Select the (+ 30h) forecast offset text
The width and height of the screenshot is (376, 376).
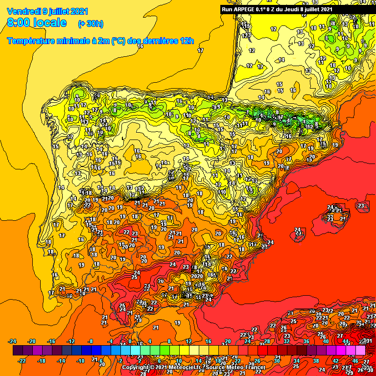(91, 23)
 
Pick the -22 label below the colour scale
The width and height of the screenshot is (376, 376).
(22, 361)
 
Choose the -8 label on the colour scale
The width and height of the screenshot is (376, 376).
(90, 341)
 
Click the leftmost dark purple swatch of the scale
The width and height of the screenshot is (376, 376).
(18, 351)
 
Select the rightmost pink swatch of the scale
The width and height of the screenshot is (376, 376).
(361, 351)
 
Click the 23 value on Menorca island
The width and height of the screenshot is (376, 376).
(361, 206)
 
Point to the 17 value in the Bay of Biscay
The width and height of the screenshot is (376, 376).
(200, 50)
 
